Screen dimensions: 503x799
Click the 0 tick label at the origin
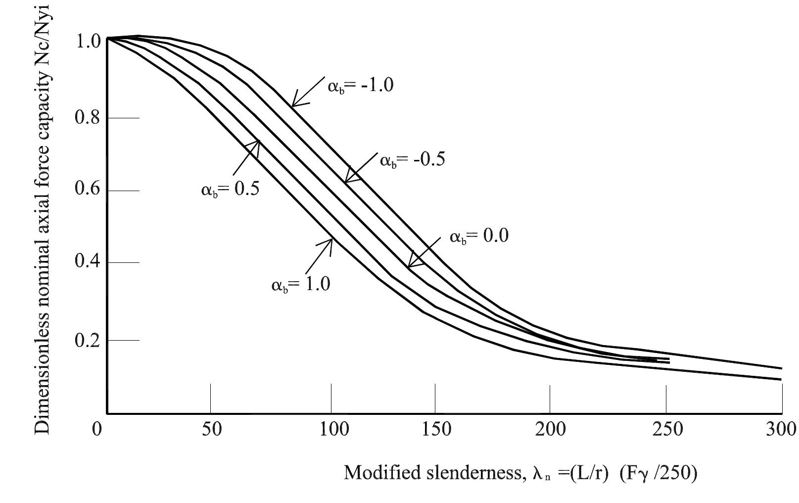[x=97, y=429]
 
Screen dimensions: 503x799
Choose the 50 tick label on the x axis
[x=211, y=429]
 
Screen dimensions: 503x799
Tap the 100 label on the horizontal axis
[x=331, y=429]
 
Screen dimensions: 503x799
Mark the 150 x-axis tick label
[x=435, y=429]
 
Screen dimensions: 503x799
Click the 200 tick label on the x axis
[x=551, y=429]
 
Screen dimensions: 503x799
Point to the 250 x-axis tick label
[x=667, y=429]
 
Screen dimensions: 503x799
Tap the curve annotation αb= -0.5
[x=412, y=160]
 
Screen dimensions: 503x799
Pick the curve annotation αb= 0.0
[x=478, y=237]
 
